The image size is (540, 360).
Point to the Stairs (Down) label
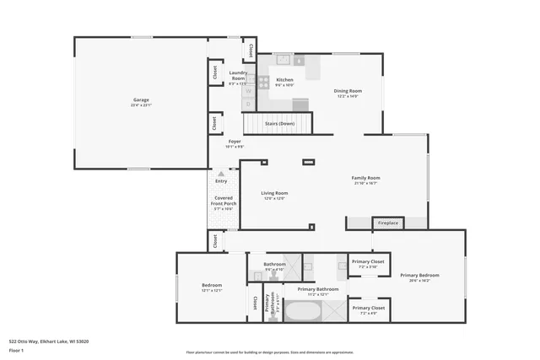click(279, 124)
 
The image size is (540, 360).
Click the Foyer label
click(234, 143)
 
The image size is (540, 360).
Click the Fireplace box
click(387, 223)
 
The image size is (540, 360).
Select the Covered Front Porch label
click(223, 203)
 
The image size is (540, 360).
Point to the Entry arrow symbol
click(221, 174)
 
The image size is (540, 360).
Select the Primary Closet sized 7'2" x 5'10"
click(369, 264)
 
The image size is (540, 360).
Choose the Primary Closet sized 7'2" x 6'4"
click(369, 310)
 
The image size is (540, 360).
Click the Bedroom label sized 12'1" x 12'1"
click(211, 287)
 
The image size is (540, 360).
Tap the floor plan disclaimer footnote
click(281, 352)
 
